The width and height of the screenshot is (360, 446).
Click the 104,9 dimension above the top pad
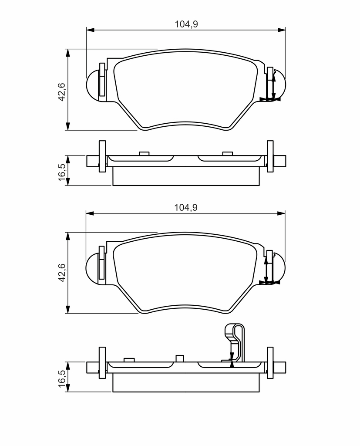click(186, 24)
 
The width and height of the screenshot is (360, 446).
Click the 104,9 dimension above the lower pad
click(186, 208)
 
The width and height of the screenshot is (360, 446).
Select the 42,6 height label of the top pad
click(62, 91)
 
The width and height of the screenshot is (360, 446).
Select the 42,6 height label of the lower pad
click(62, 273)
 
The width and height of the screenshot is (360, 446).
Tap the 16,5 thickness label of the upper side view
click(62, 172)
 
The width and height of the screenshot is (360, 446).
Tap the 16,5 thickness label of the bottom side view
click(62, 378)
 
